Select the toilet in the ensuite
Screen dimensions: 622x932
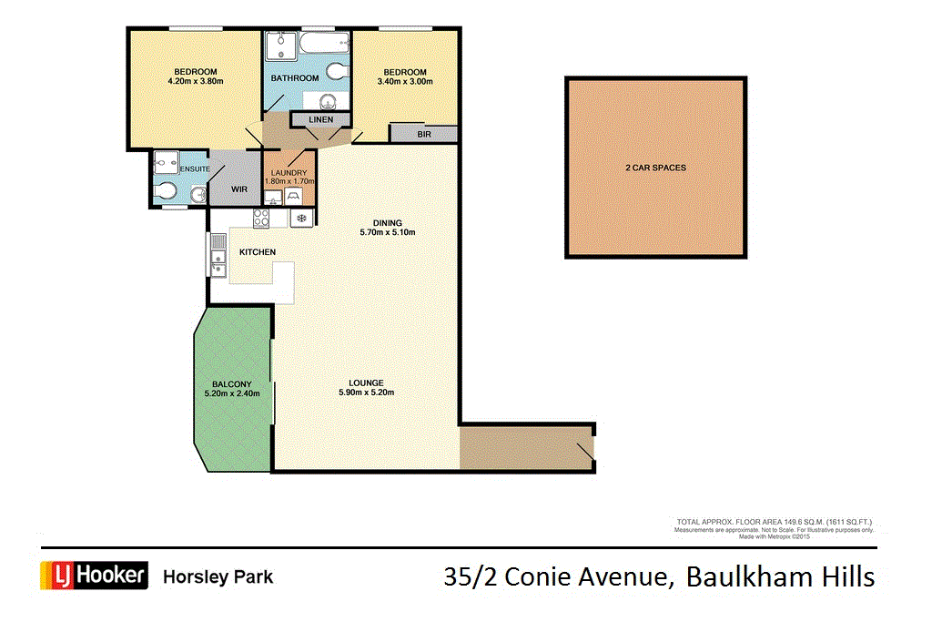click(167, 192)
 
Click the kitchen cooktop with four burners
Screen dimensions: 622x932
click(260, 218)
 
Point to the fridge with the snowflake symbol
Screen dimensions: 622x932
click(300, 219)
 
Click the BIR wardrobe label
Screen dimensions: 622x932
click(424, 134)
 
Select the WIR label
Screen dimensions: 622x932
click(239, 189)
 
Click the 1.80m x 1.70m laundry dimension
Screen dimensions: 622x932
click(289, 181)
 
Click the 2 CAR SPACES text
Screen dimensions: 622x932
click(655, 168)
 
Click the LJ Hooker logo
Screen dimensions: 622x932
click(94, 576)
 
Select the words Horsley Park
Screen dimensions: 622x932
click(218, 576)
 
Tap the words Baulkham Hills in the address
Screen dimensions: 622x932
click(780, 576)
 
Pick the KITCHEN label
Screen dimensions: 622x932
click(258, 251)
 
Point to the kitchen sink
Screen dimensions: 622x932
click(218, 255)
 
